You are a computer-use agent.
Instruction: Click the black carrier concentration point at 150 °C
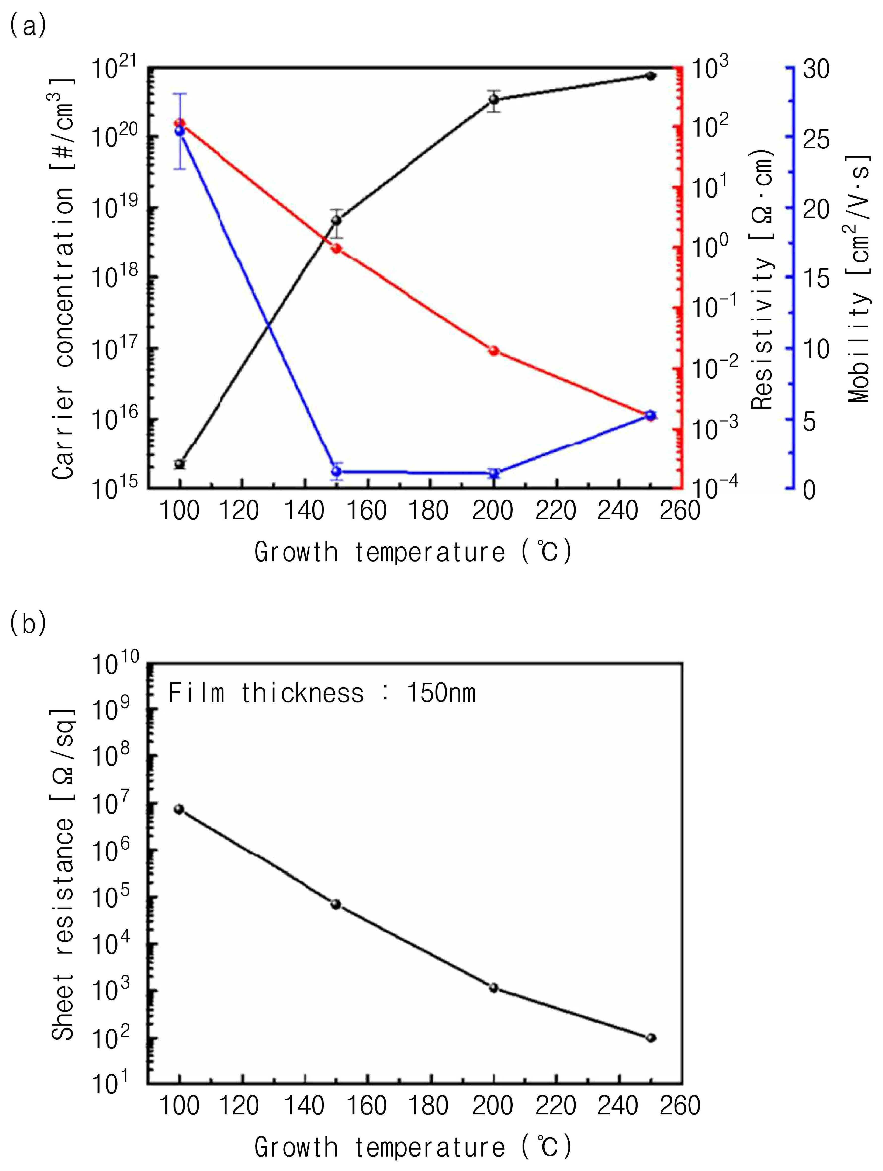pyautogui.click(x=336, y=220)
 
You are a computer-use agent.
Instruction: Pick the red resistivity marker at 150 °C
pyautogui.click(x=336, y=248)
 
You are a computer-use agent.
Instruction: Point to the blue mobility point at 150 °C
pyautogui.click(x=336, y=471)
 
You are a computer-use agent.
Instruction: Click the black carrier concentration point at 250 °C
pyautogui.click(x=651, y=76)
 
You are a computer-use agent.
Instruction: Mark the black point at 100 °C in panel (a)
pyautogui.click(x=179, y=464)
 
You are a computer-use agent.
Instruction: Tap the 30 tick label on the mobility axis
pyautogui.click(x=816, y=69)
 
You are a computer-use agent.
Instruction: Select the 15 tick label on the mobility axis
pyautogui.click(x=816, y=278)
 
